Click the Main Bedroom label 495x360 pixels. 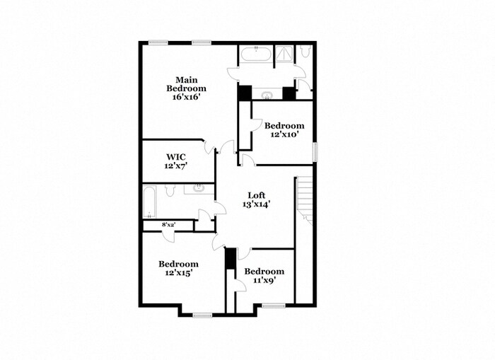[x=186, y=83]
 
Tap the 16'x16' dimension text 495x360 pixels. [x=186, y=98]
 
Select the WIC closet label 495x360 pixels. [x=176, y=157]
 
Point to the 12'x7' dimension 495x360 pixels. [x=176, y=166]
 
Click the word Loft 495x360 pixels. [x=256, y=195]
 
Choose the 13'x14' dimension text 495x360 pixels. [x=256, y=204]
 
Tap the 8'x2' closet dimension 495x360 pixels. [x=168, y=225]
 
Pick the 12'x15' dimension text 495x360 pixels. [x=177, y=272]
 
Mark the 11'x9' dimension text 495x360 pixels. [x=264, y=280]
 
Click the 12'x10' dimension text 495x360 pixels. [x=284, y=134]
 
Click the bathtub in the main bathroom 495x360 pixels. [x=252, y=54]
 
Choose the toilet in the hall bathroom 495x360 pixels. [x=170, y=191]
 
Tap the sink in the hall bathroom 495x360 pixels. [x=198, y=189]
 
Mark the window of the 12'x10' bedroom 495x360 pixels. [x=315, y=151]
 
